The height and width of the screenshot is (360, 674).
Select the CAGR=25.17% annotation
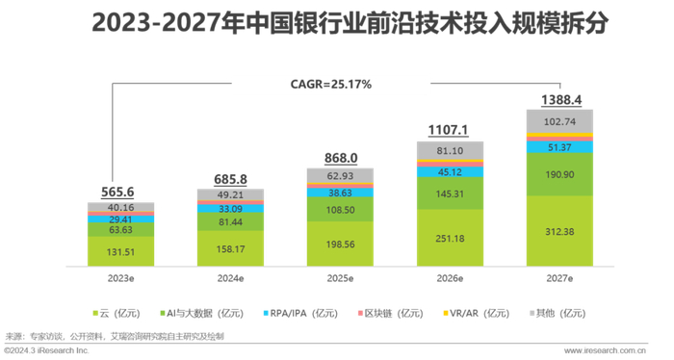[x=330, y=84]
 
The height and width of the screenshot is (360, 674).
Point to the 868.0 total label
[x=334, y=158]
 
